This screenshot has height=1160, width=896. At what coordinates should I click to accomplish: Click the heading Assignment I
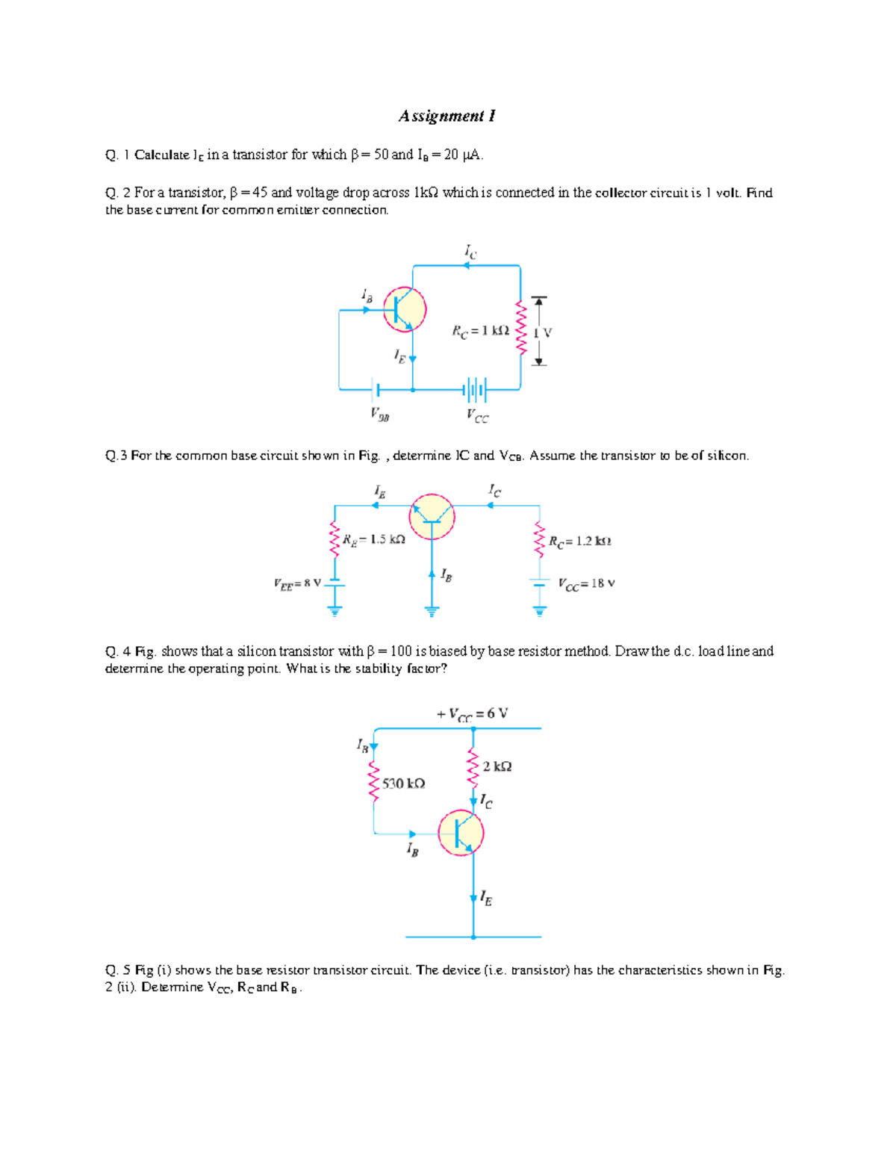[x=447, y=116]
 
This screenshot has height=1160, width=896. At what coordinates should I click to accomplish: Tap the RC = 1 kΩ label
[x=480, y=331]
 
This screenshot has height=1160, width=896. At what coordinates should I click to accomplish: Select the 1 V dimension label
[x=542, y=333]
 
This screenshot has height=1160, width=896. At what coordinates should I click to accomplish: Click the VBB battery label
[x=380, y=414]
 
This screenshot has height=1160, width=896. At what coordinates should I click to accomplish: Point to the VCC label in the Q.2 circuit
[x=477, y=415]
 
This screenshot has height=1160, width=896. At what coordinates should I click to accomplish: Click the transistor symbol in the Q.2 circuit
[x=405, y=308]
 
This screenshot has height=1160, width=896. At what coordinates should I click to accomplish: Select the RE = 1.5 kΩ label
[x=374, y=539]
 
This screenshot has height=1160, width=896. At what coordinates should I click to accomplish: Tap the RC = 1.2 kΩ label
[x=580, y=541]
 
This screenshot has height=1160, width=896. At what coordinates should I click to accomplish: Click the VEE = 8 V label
[x=297, y=583]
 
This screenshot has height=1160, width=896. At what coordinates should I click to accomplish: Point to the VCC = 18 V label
[x=587, y=583]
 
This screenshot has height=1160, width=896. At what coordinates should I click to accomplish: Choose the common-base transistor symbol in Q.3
[x=432, y=516]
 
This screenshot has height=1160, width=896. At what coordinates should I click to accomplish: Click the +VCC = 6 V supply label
[x=473, y=713]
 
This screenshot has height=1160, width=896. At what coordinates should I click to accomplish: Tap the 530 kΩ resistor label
[x=403, y=784]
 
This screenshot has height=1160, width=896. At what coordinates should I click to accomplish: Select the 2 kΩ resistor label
[x=497, y=766]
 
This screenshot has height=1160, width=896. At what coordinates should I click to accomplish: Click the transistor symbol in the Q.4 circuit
[x=461, y=833]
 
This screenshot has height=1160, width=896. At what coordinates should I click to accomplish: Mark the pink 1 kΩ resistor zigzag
[x=521, y=328]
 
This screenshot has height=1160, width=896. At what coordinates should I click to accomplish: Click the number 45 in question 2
[x=260, y=193]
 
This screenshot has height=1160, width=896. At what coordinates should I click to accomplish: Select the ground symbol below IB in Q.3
[x=432, y=611]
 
